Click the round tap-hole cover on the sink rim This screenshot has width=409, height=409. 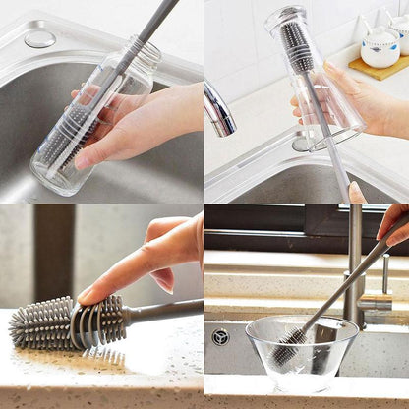[39, 39]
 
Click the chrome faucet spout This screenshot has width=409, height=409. [218, 107]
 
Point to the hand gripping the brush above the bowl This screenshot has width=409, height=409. [394, 224]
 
